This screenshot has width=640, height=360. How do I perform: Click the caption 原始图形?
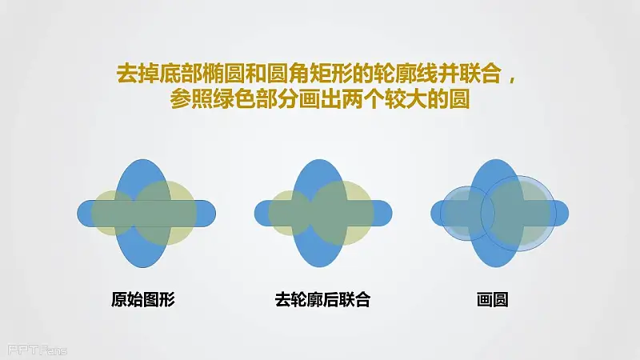143,299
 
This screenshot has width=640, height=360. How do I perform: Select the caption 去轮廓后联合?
322,299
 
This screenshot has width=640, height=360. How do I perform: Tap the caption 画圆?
492,299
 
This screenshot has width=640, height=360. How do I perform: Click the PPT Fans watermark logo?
37,350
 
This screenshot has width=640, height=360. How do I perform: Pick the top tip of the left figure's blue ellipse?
143,159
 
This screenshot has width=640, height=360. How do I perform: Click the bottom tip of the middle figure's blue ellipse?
319,267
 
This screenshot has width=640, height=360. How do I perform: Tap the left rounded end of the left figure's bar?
78,213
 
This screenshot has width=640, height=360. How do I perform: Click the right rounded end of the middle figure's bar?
390,213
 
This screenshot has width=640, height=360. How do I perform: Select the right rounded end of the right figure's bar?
567,213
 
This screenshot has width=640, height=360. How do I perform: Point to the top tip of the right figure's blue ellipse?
496,159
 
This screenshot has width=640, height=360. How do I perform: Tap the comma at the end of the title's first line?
511,79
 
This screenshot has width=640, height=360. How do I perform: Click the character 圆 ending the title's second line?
458,99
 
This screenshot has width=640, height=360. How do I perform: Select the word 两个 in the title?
362,99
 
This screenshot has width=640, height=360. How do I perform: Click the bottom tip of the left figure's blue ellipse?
143,267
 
